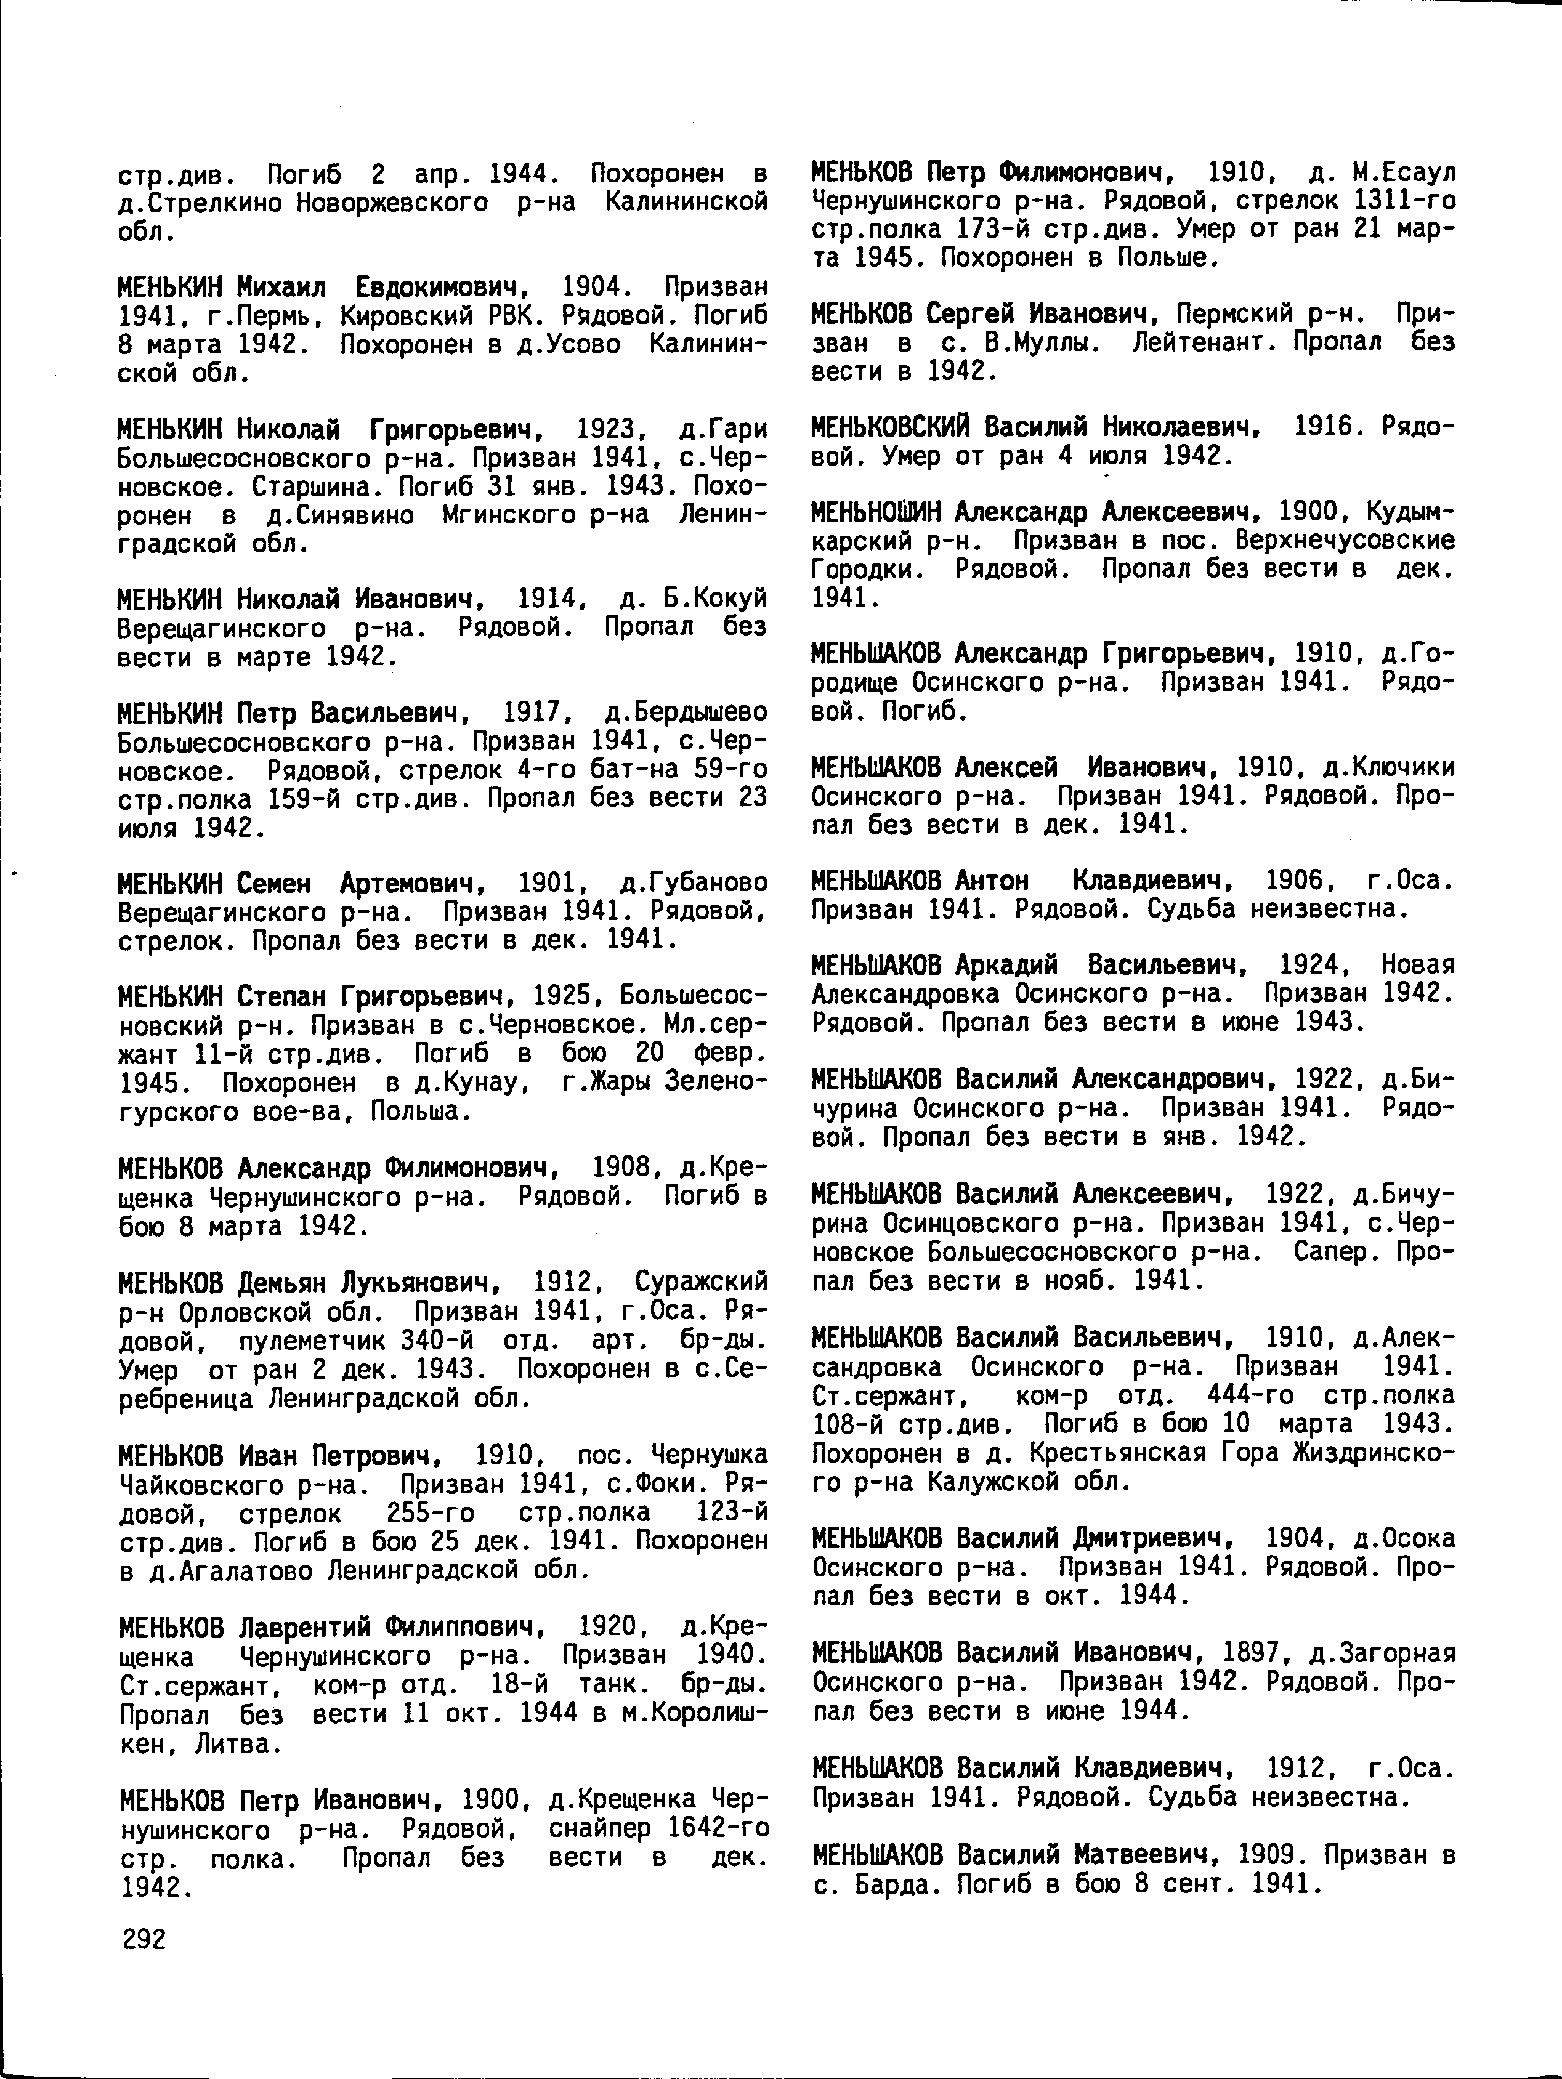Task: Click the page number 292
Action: coord(143,1940)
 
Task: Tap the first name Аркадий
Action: coord(1006,965)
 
